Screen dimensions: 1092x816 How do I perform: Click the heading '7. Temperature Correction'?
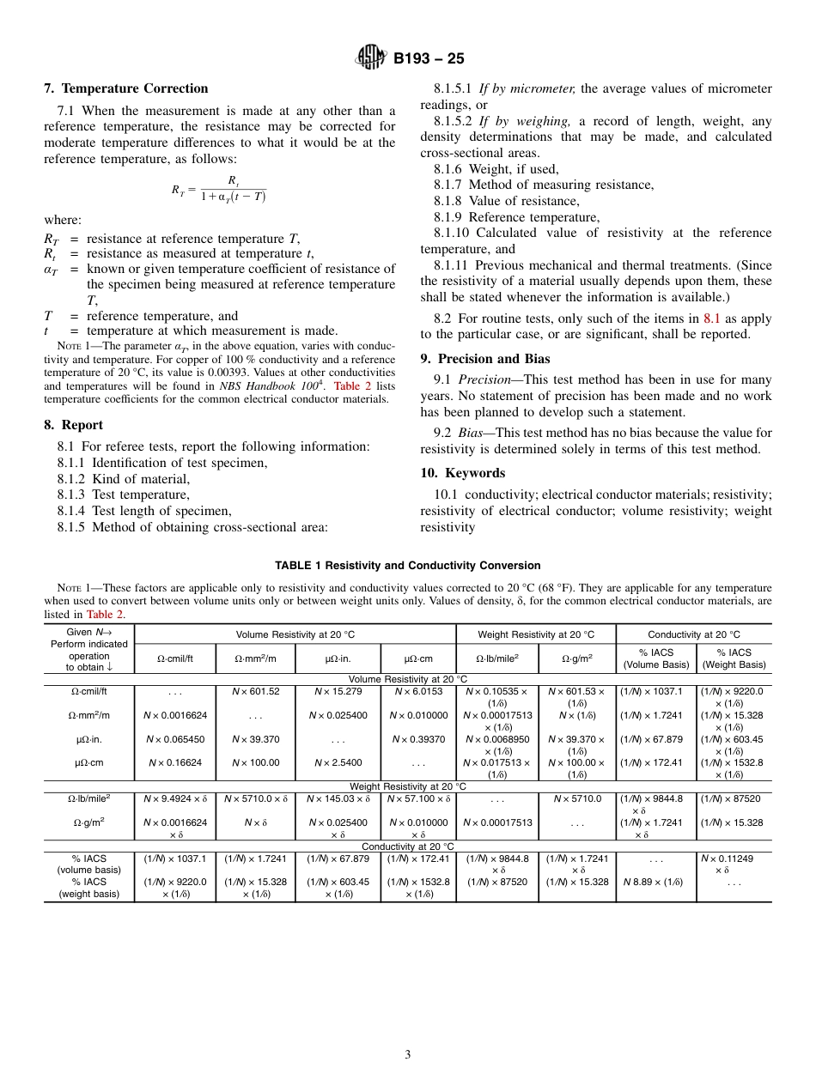[x=126, y=88]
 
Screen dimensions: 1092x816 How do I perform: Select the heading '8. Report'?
[x=73, y=425]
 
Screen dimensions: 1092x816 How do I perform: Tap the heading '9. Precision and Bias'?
[x=485, y=359]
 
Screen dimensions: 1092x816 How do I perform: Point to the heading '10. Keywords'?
[x=462, y=473]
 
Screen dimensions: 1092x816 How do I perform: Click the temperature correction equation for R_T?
[x=219, y=189]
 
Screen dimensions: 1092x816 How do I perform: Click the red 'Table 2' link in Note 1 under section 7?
[x=347, y=386]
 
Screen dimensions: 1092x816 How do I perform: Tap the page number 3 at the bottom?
[x=408, y=1054]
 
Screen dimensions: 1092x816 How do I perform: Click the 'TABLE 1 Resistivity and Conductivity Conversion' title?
[x=408, y=566]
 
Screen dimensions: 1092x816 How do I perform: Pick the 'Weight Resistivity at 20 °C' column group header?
[x=535, y=634]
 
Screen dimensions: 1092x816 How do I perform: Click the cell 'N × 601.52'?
[x=255, y=691]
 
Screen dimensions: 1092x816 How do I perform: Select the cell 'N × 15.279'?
[x=338, y=691]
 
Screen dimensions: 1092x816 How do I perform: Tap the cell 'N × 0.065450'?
[x=175, y=739]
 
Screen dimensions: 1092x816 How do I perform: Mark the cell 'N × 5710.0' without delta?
[x=575, y=798]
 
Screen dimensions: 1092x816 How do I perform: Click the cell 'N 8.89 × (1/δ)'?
[x=656, y=882]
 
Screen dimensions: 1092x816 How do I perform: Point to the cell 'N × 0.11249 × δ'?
[x=733, y=863]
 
